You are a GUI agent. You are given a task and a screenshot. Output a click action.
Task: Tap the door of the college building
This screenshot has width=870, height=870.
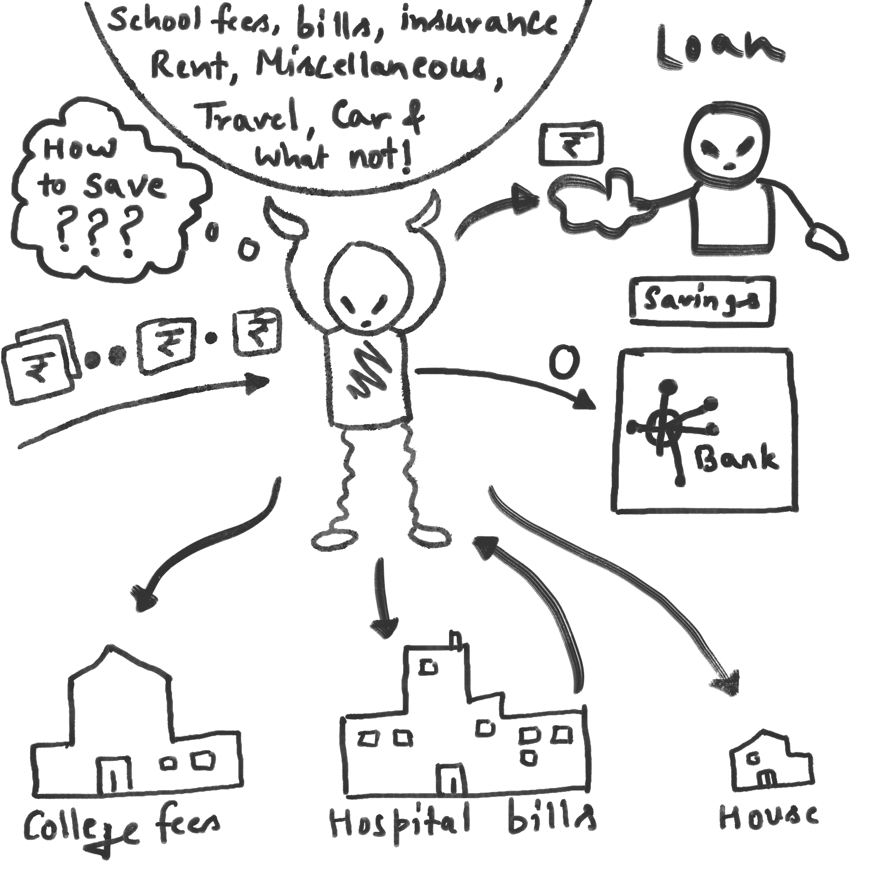click(x=114, y=774)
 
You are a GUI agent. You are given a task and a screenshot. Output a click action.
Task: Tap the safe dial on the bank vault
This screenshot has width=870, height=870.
click(x=665, y=426)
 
